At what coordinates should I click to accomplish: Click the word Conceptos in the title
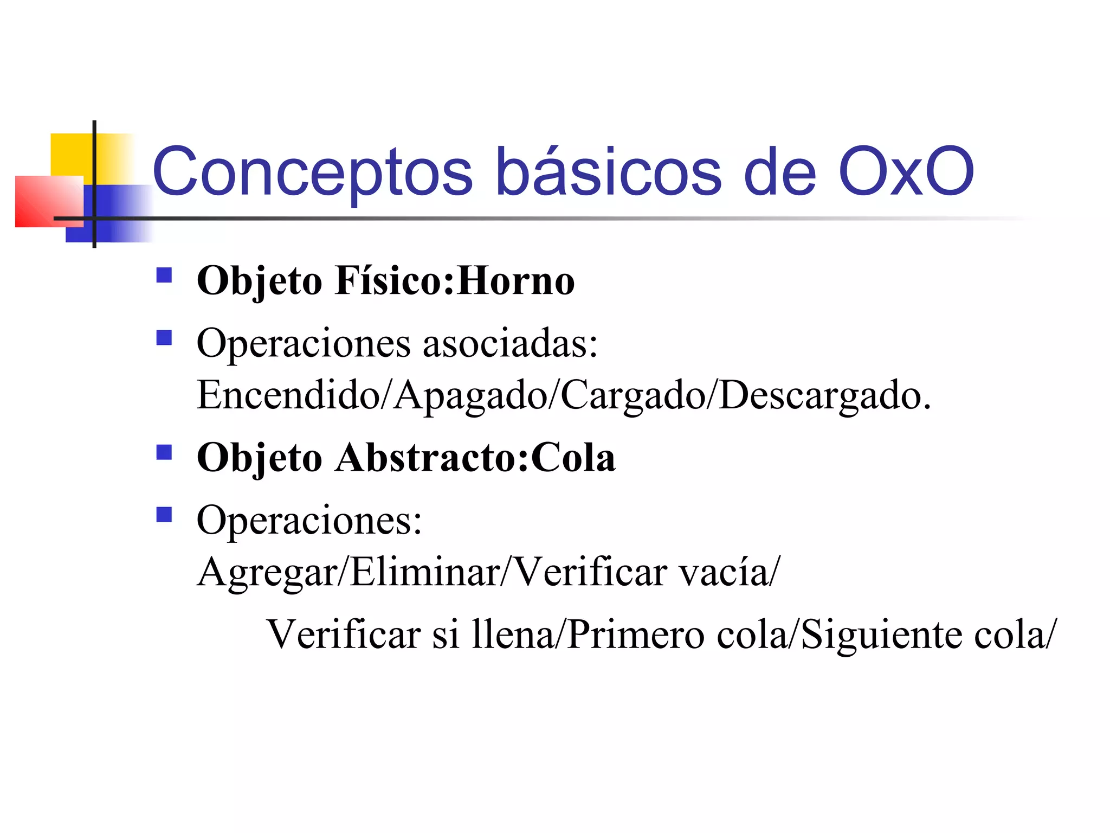313,172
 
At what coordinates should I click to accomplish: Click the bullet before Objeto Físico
164,275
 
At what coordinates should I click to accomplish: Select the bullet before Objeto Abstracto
164,452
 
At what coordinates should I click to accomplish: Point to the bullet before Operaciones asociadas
164,338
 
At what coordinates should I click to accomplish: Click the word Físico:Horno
455,281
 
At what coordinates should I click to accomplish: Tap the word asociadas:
510,344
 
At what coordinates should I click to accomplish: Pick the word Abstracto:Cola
475,458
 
